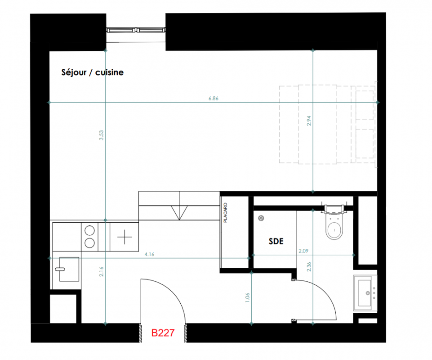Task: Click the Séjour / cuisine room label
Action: pos(92,72)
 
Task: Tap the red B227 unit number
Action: pos(163,333)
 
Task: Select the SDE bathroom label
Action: pos(276,242)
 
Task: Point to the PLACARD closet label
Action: pos(225,213)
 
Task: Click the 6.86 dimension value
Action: pos(214,99)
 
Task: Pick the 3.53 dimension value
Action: pos(102,135)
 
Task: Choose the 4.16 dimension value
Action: pos(149,254)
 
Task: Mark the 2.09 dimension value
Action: pos(303,251)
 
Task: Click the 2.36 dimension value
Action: pos(309,267)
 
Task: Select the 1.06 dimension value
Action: pos(247,297)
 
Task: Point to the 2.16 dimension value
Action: pos(102,271)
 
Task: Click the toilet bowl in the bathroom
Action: pos(334,228)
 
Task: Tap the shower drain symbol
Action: pos(261,218)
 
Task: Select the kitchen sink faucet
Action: pos(60,269)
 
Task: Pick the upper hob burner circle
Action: pos(89,230)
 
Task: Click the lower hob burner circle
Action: pos(89,243)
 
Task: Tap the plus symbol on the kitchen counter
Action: pos(125,237)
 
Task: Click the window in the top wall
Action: pos(136,30)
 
